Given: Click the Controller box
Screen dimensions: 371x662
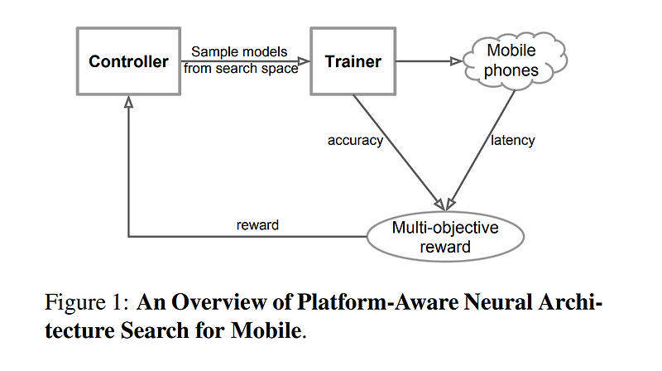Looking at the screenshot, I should [x=128, y=61].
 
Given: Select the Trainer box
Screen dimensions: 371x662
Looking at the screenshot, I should [x=353, y=61].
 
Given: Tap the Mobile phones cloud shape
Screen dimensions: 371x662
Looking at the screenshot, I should [x=511, y=61].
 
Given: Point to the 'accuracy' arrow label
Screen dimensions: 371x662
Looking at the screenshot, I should [x=355, y=140].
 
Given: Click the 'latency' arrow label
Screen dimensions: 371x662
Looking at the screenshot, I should [x=512, y=140].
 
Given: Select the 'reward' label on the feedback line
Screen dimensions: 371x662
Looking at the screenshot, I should [x=257, y=224].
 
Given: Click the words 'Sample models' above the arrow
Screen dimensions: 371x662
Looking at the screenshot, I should [x=239, y=52].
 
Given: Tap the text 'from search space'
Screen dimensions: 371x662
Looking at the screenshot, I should [x=241, y=69].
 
